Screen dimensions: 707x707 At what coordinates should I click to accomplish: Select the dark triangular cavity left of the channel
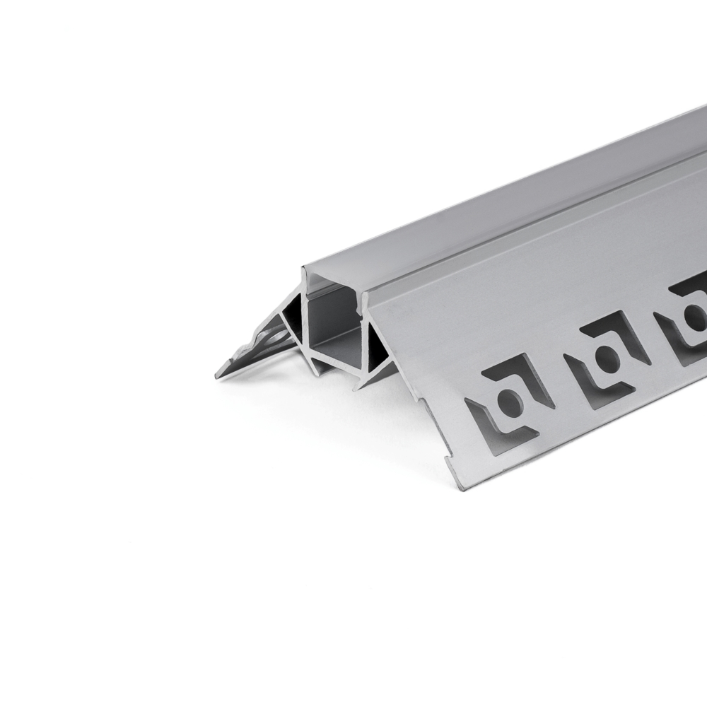pos(291,318)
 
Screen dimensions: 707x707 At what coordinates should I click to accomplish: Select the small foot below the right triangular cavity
pos(365,382)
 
